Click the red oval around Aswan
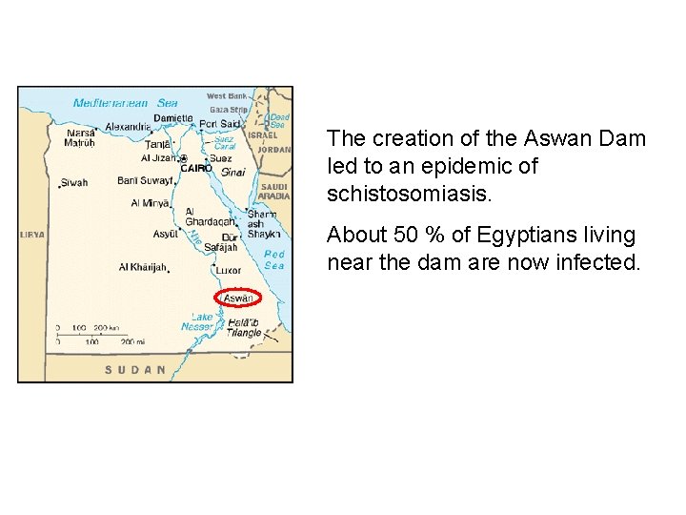click(238, 299)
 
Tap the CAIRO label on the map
click(196, 168)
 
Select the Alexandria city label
click(128, 126)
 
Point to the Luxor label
click(231, 270)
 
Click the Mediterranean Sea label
click(126, 102)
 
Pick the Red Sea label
click(274, 259)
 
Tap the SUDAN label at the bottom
click(135, 369)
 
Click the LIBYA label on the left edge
click(31, 234)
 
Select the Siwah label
click(74, 182)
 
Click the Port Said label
click(218, 122)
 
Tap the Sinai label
click(233, 173)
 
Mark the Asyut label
click(167, 234)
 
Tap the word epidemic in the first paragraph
click(455, 167)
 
